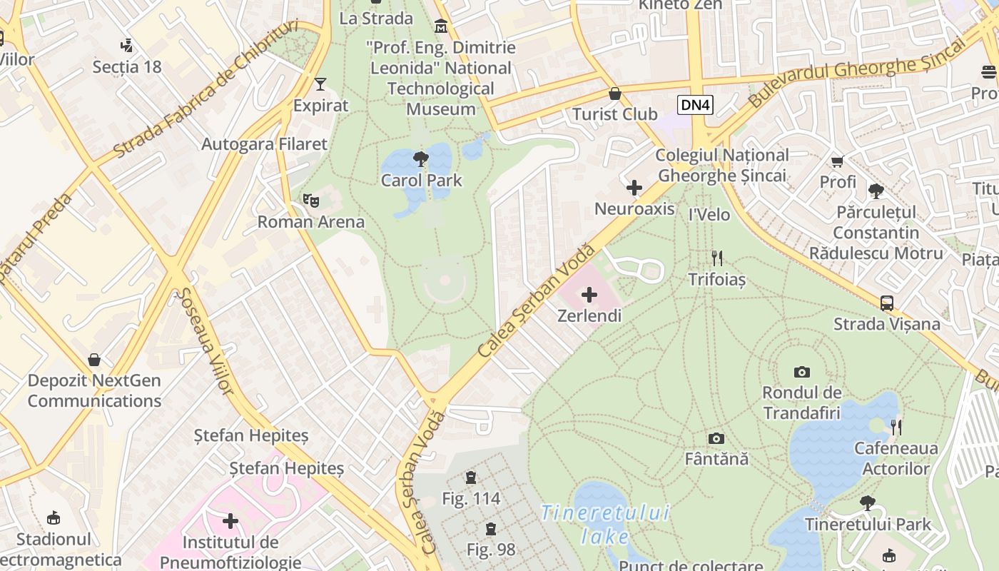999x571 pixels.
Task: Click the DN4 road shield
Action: click(x=695, y=106)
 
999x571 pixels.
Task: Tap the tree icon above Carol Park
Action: click(x=421, y=158)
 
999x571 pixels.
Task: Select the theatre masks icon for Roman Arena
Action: click(x=310, y=201)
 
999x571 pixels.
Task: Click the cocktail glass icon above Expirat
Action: click(x=320, y=84)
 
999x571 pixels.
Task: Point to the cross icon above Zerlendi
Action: click(x=589, y=294)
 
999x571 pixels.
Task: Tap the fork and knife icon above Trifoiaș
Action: click(x=717, y=258)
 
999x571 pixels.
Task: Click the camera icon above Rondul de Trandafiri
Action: click(x=802, y=372)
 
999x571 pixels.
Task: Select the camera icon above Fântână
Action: click(x=716, y=438)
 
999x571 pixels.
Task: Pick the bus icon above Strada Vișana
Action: click(x=886, y=303)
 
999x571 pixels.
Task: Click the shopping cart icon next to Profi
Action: click(x=837, y=161)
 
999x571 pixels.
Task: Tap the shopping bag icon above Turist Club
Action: click(x=614, y=94)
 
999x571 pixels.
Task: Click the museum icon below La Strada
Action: click(x=442, y=27)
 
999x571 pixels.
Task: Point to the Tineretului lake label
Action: click(x=605, y=524)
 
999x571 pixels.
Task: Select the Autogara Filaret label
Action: click(x=264, y=144)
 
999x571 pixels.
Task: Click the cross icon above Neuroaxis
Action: click(x=634, y=188)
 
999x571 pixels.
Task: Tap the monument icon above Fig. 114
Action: click(x=471, y=477)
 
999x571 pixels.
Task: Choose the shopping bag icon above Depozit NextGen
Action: click(x=94, y=359)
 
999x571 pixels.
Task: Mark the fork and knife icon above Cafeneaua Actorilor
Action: click(x=896, y=427)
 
